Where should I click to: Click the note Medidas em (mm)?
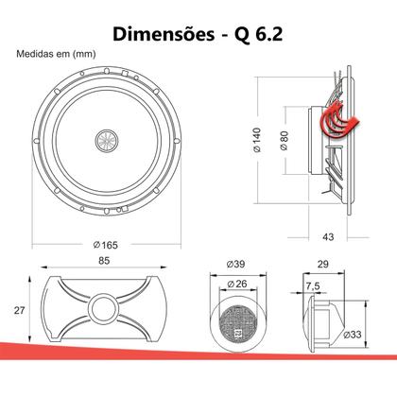pyautogui.click(x=56, y=54)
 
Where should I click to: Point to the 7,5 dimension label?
pyautogui.click(x=312, y=287)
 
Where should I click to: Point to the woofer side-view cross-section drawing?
pyautogui.click(x=336, y=147)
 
